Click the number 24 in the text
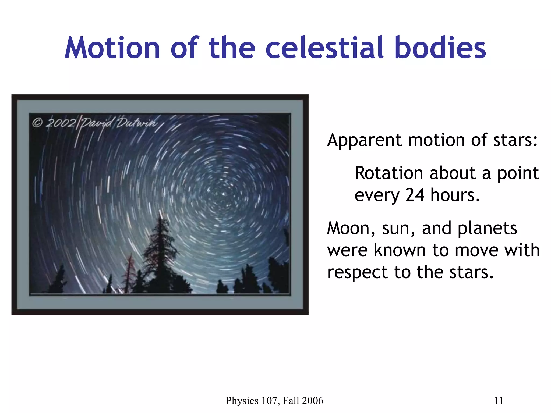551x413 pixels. [x=415, y=195]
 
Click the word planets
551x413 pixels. [x=487, y=229]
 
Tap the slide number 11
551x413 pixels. [x=499, y=401]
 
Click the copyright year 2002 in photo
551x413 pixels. [x=61, y=123]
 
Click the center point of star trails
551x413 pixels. [x=223, y=194]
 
